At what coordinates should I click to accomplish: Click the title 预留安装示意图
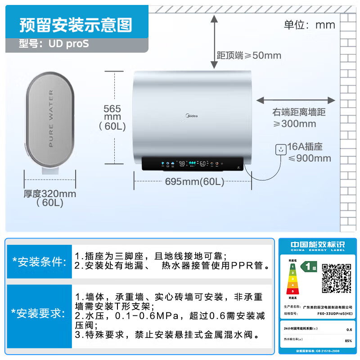click(76, 26)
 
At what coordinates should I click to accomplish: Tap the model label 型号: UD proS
click(54, 44)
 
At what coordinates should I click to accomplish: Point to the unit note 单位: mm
click(310, 24)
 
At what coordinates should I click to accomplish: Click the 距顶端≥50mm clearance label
click(249, 55)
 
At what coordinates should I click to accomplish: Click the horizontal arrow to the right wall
click(296, 100)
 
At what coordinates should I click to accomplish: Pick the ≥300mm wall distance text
click(295, 124)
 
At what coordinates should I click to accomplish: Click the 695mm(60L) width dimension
click(194, 182)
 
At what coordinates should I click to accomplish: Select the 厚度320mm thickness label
click(50, 194)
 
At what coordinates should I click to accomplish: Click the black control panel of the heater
click(193, 164)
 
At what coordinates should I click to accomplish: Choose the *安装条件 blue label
click(39, 261)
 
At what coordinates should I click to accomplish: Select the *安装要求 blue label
click(39, 314)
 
